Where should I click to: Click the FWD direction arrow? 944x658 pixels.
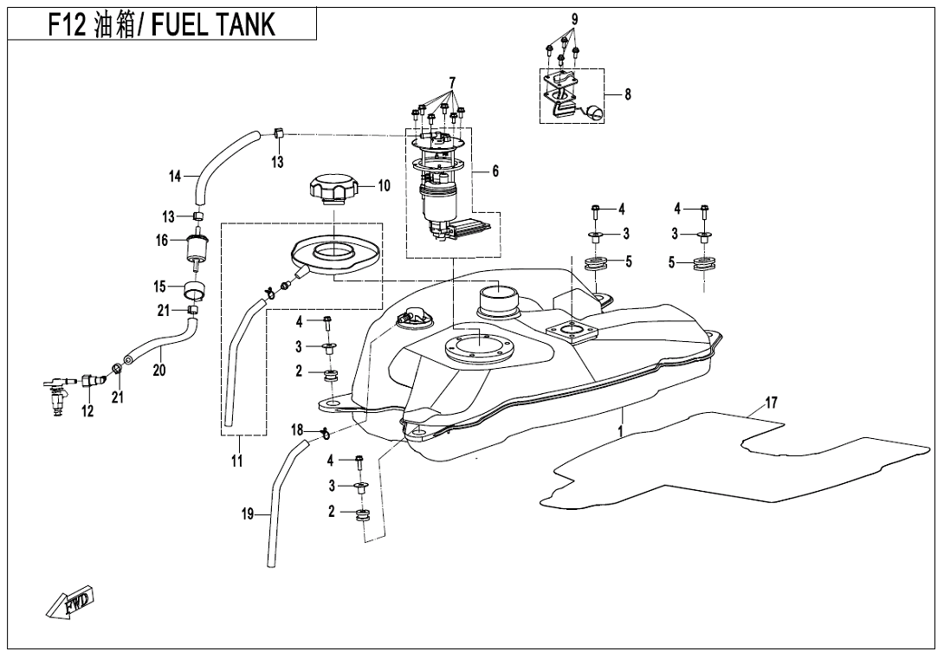(x=72, y=603)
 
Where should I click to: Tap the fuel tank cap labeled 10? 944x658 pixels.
(x=331, y=189)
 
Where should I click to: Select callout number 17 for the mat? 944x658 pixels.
(x=771, y=403)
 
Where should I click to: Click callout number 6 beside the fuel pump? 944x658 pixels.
(x=495, y=171)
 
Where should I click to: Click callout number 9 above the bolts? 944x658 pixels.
(x=574, y=19)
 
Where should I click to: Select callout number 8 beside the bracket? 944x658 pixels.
(x=627, y=94)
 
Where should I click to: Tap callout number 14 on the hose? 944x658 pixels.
(x=175, y=177)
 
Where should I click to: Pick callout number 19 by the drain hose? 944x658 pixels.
(x=248, y=515)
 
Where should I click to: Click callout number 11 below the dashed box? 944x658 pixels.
(x=236, y=461)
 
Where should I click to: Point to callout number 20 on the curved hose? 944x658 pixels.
(x=158, y=370)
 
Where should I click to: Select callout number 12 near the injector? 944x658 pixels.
(x=87, y=412)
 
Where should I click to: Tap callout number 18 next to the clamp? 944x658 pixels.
(x=297, y=429)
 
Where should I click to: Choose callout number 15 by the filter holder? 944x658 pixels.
(x=159, y=286)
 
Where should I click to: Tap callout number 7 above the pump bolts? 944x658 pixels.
(x=451, y=81)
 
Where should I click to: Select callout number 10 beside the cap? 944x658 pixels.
(x=384, y=185)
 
